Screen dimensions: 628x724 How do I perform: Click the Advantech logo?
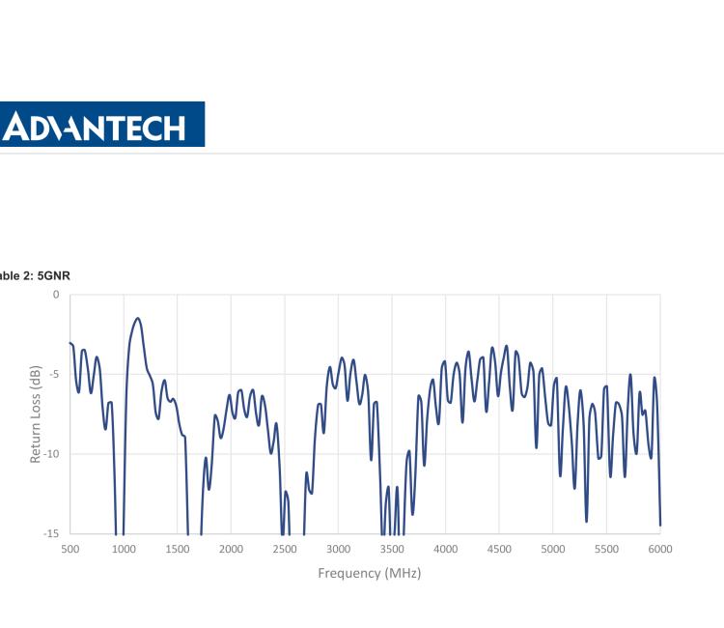point(101,125)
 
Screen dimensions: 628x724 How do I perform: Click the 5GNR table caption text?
point(35,275)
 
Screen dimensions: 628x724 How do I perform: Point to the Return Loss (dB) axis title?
point(36,414)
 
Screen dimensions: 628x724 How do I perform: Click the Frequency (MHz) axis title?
point(370,573)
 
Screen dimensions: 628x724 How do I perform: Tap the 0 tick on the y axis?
point(56,294)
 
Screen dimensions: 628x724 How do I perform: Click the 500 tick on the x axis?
point(70,549)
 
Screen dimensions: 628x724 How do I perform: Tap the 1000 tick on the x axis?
point(124,549)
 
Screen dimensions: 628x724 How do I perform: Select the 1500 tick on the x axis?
point(177,549)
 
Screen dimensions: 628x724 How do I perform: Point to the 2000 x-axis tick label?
point(231,549)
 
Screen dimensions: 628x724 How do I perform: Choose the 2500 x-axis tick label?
point(284,549)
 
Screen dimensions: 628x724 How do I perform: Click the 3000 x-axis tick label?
point(338,549)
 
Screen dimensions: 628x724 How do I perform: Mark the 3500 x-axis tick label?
point(392,549)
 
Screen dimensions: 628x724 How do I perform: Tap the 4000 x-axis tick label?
point(445,549)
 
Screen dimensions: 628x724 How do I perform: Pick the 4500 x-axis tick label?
point(499,549)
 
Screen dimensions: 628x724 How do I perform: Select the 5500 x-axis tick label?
point(606,549)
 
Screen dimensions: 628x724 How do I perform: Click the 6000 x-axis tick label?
point(660,549)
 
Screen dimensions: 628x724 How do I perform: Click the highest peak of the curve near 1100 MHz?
point(138,318)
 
